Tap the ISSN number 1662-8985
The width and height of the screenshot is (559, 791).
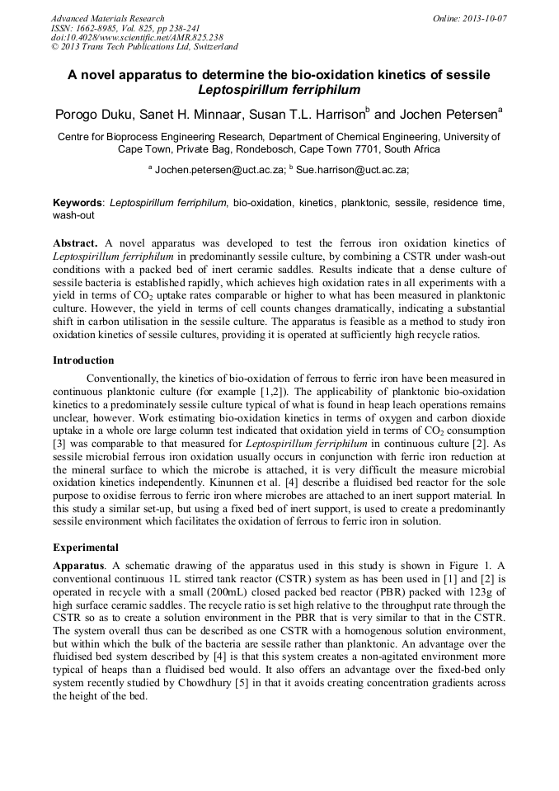101,28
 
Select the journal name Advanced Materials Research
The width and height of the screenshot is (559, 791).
107,18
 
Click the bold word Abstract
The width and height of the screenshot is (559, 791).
76,243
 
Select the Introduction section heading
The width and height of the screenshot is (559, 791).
83,360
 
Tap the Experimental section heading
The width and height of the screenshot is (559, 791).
86,547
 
